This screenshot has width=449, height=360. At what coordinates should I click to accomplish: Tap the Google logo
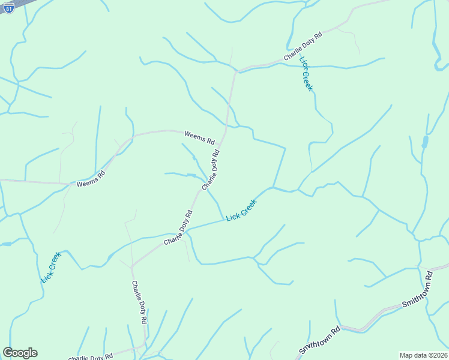(x=20, y=353)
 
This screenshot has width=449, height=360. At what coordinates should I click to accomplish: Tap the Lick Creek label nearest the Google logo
(x=51, y=268)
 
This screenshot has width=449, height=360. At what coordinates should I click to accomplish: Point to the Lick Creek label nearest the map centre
(x=241, y=210)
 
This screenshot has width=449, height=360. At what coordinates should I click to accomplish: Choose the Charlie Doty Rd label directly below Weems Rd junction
(x=211, y=170)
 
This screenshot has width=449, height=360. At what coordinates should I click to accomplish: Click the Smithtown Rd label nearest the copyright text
(x=417, y=289)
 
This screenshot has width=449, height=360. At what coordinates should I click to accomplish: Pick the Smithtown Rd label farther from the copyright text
(x=320, y=340)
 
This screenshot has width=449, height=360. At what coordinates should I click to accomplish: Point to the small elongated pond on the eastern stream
(x=425, y=142)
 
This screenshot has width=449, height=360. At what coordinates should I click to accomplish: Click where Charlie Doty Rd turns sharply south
(x=131, y=266)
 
